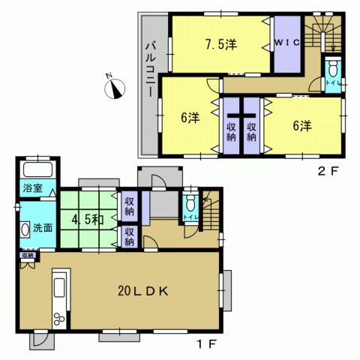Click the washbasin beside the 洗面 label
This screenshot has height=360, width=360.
point(25,229)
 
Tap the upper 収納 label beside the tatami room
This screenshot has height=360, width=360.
point(129,204)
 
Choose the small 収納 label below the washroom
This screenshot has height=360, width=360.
point(27,256)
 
